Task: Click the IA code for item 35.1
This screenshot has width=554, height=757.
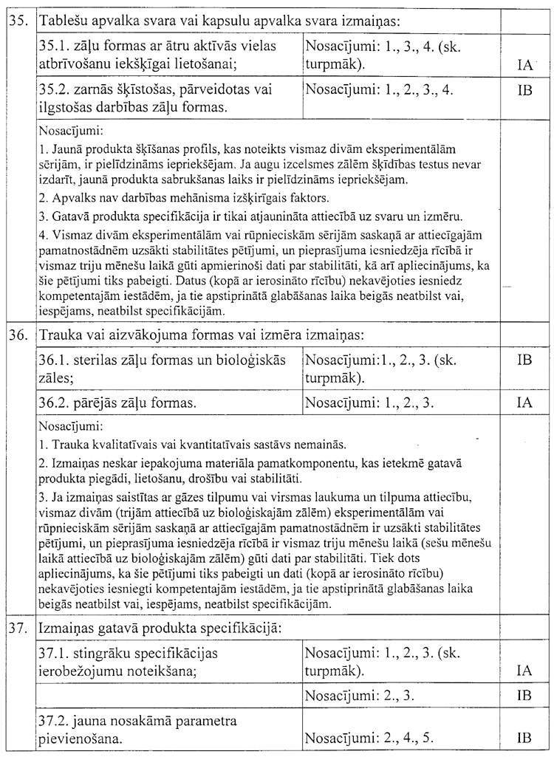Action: pos(525,65)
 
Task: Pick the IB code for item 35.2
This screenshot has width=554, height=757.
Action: pos(525,90)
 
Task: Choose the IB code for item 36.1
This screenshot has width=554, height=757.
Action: pos(525,360)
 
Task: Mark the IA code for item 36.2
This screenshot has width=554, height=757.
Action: pos(525,403)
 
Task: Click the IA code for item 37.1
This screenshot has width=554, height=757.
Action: pos(525,671)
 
